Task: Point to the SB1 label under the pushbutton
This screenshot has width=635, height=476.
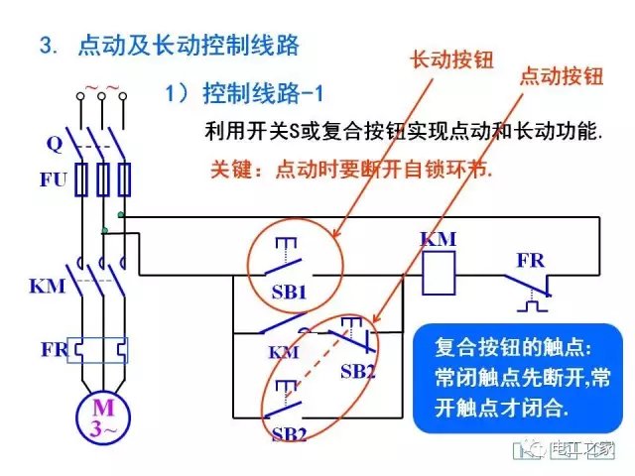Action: (x=290, y=295)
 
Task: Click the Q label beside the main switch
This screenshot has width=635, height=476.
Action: (x=54, y=144)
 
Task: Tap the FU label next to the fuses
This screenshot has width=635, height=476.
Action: (x=53, y=180)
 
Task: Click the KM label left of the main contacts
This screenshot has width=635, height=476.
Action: (x=48, y=287)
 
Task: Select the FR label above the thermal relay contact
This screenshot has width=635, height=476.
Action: (x=530, y=260)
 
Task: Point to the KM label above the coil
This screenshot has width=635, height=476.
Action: (x=438, y=240)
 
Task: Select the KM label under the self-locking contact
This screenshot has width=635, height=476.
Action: (x=282, y=352)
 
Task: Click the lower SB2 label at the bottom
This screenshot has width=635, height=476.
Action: (x=288, y=434)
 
